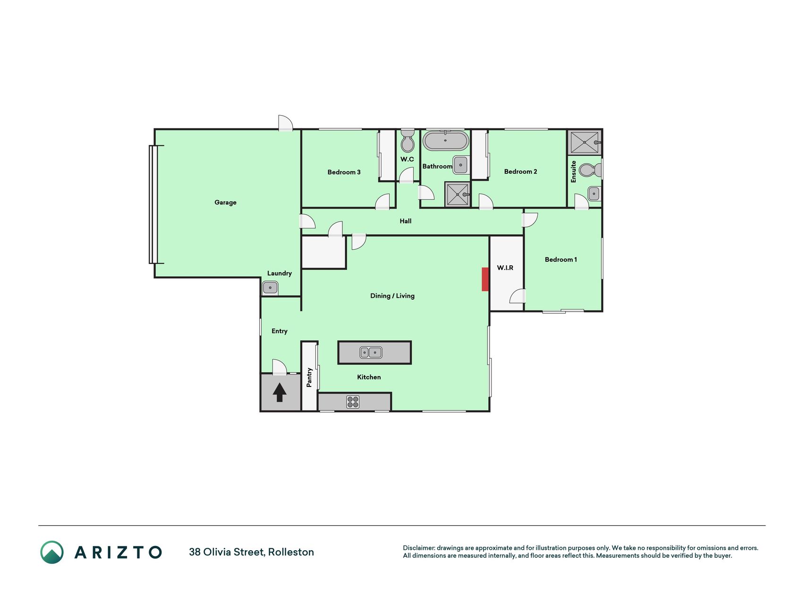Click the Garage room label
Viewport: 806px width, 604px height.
tap(225, 202)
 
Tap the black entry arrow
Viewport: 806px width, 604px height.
tap(280, 392)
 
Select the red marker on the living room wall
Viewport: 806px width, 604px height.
tap(485, 279)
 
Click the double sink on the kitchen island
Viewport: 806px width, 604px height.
tap(371, 352)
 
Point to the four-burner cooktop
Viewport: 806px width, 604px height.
tap(353, 402)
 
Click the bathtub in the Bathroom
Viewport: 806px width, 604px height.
tap(445, 141)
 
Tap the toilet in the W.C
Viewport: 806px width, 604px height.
tap(407, 141)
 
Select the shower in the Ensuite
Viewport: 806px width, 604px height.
tap(585, 142)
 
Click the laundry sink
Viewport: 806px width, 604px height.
tap(270, 287)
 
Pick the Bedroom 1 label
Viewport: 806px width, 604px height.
tap(561, 260)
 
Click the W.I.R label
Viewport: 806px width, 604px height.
tap(505, 268)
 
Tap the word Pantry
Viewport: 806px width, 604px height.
tap(309, 377)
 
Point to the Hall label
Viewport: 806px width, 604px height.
tap(406, 221)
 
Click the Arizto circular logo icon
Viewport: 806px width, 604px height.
tap(52, 552)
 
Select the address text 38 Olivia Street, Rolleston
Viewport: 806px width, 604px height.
tap(251, 552)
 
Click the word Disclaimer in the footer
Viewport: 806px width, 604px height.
tap(419, 548)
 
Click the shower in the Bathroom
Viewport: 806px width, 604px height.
tap(458, 194)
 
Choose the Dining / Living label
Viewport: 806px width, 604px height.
tap(392, 296)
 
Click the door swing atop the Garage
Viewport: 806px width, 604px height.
tap(286, 123)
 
